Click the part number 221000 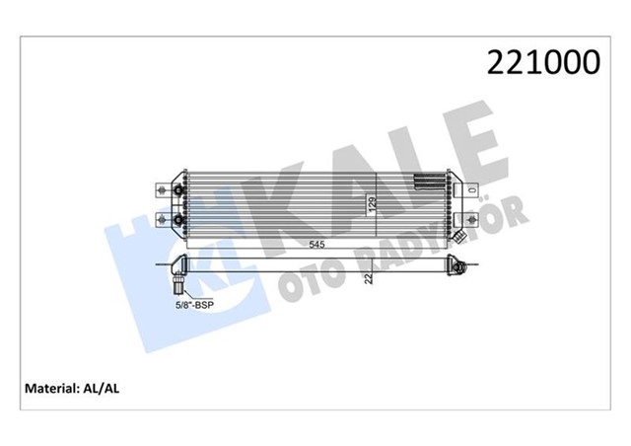(542, 63)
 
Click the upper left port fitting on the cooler (177, 189)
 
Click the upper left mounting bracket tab (161, 188)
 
